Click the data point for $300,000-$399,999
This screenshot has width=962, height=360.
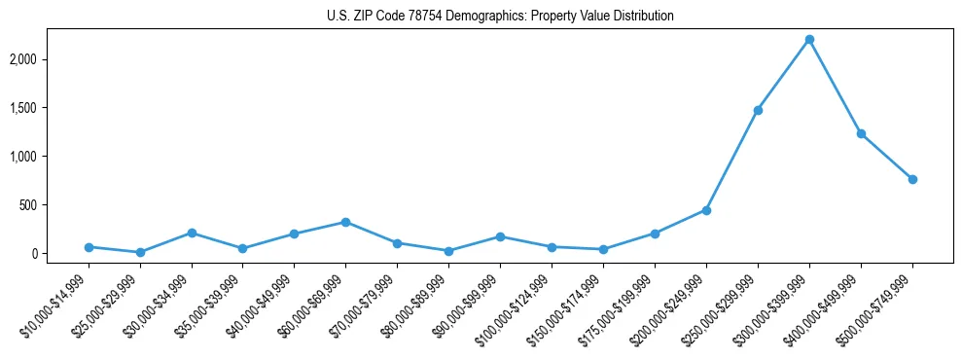point(809,40)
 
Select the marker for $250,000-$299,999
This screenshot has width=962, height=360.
point(758,110)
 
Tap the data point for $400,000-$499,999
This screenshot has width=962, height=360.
point(861,133)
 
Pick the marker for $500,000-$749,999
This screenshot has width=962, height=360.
point(912,179)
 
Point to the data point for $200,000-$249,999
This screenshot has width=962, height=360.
point(706,210)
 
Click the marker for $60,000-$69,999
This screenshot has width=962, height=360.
point(345,222)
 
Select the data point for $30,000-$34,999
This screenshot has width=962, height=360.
point(192,233)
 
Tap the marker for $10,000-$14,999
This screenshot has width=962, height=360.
point(89,247)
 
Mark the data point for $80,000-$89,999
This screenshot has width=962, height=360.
point(448,251)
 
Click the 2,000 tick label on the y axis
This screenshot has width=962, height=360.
point(48,59)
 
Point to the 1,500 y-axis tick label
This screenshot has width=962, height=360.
point(48,108)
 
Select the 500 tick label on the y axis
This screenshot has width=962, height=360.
point(53,205)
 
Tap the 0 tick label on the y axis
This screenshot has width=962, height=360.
point(60,254)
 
